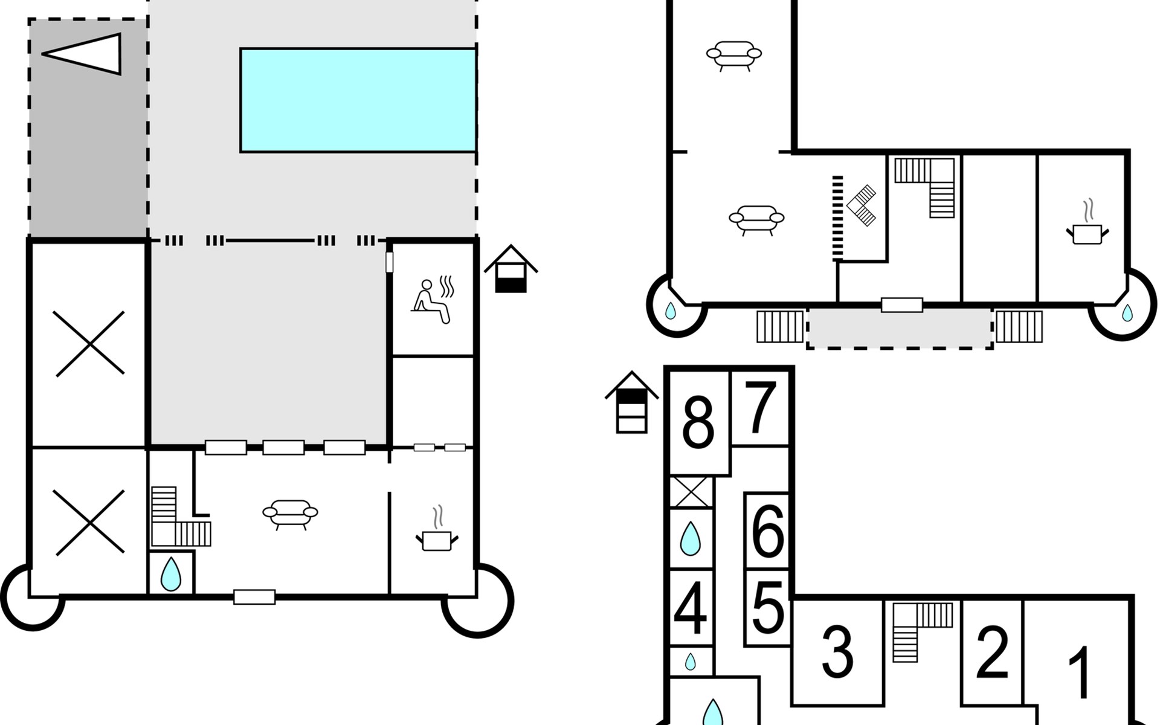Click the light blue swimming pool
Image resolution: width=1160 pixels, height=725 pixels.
pyautogui.click(x=358, y=100)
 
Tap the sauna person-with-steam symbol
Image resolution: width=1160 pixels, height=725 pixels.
pyautogui.click(x=433, y=300)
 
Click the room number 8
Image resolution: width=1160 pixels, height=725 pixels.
pyautogui.click(x=698, y=424)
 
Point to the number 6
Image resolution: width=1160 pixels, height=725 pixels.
pyautogui.click(x=768, y=531)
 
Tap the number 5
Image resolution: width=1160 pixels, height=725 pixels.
pyautogui.click(x=768, y=607)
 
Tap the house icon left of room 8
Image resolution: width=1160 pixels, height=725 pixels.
pyautogui.click(x=631, y=402)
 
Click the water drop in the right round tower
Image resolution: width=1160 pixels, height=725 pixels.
pyautogui.click(x=1127, y=312)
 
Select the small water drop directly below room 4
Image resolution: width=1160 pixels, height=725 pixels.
pyautogui.click(x=690, y=662)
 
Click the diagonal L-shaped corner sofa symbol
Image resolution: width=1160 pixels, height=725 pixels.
pyautogui.click(x=862, y=205)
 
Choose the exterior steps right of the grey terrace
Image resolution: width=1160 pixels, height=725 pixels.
pyautogui.click(x=1019, y=326)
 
